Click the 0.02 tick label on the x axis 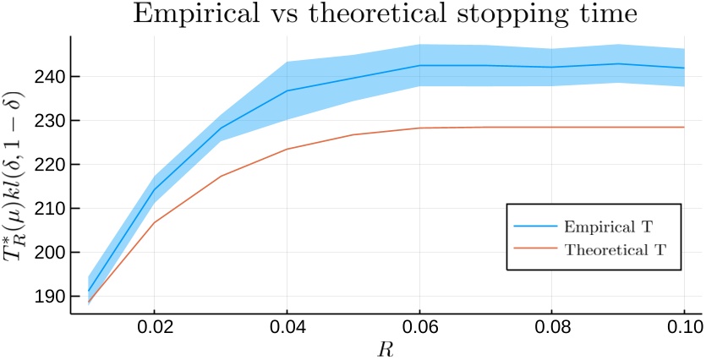(x=154, y=327)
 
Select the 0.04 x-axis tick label (x=287, y=327)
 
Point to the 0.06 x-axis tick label (x=419, y=327)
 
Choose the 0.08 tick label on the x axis (x=551, y=327)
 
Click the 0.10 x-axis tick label (x=683, y=327)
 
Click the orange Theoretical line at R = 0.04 (x=287, y=150)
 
